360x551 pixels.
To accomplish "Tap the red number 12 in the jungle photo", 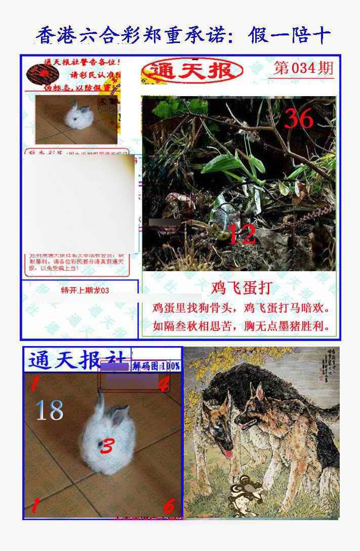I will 242,234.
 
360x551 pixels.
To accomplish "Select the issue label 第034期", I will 303,68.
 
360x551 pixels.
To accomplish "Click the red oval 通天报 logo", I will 192,71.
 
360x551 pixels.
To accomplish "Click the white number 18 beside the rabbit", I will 50,410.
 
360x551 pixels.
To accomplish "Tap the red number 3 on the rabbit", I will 107,446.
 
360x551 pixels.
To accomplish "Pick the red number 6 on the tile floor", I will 169,505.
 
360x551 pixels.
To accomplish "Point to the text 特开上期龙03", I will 85,290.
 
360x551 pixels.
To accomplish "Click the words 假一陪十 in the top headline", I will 290,36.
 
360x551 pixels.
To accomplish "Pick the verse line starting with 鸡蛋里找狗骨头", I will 241,308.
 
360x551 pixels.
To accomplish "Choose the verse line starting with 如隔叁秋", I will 241,326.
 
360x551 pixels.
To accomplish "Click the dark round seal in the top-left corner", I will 39,74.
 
